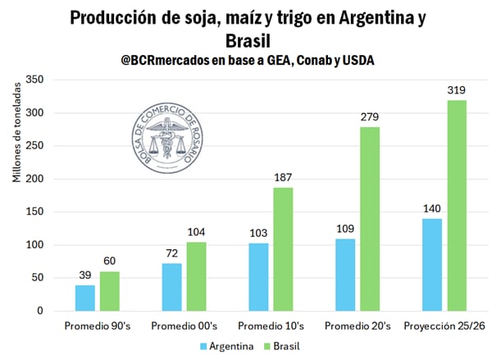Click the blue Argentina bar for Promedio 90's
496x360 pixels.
[85, 298]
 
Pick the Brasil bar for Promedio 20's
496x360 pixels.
[370, 219]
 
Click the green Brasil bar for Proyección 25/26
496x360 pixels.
[457, 205]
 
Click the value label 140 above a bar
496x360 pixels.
[433, 208]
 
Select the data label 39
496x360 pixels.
[85, 275]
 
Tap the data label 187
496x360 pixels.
[283, 177]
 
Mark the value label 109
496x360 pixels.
[346, 228]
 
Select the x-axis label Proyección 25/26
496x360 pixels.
[444, 326]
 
